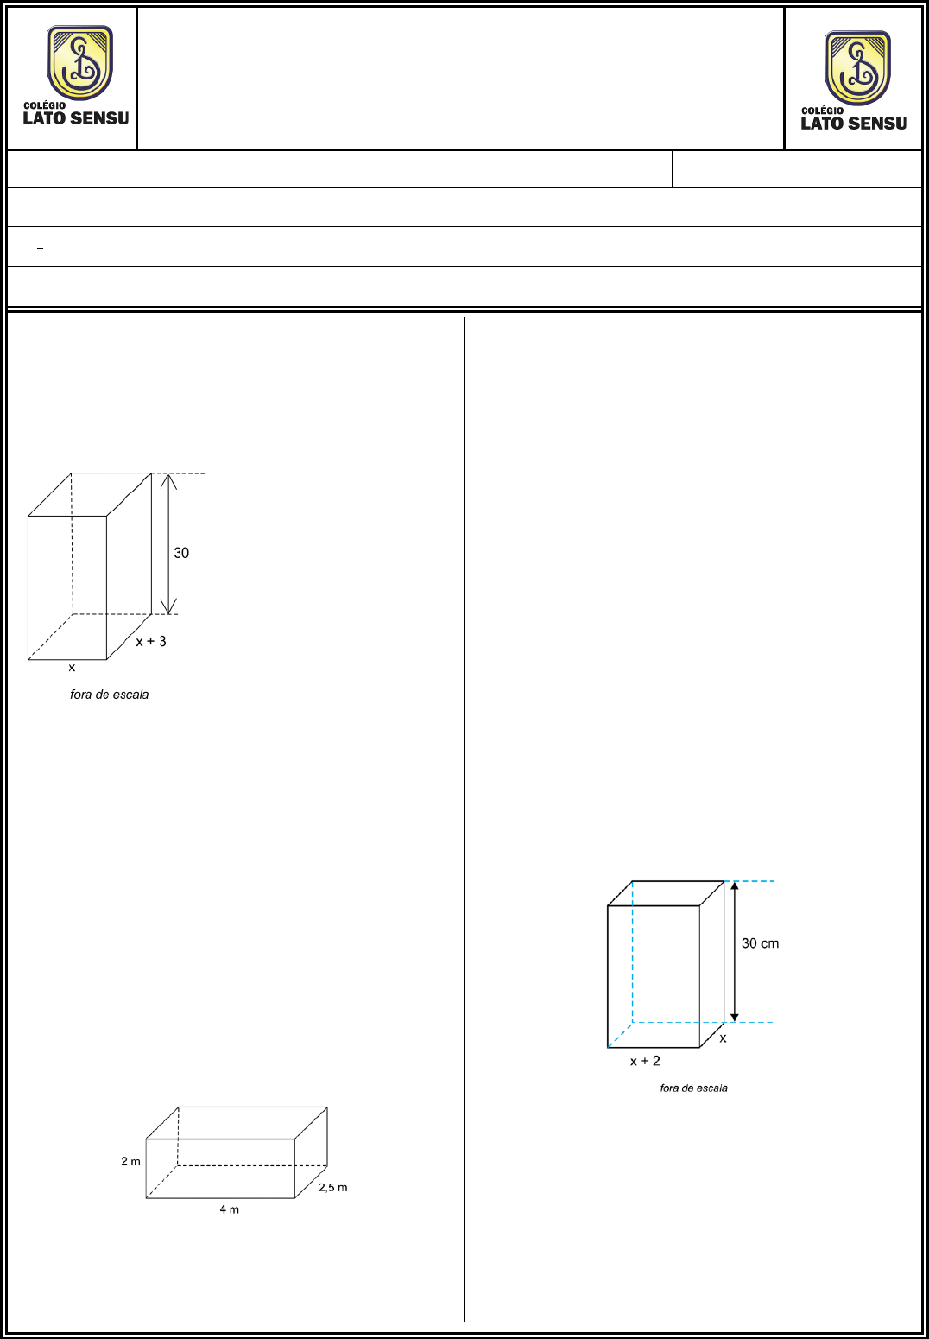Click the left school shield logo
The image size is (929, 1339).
[80, 62]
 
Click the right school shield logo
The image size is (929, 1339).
[858, 67]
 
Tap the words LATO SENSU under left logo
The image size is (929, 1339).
[76, 118]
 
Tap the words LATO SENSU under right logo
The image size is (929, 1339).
[854, 124]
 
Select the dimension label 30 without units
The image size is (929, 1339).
[181, 553]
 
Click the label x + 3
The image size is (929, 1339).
[151, 641]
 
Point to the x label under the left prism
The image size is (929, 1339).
[72, 668]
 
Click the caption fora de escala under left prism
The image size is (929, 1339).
[110, 695]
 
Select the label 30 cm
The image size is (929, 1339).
[760, 943]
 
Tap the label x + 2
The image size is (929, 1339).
[645, 1061]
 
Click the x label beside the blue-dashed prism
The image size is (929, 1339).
[723, 1038]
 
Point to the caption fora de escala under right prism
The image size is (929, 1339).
[693, 1088]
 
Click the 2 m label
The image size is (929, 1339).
[131, 1161]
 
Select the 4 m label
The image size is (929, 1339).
[230, 1209]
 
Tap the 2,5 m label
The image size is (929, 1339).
[332, 1187]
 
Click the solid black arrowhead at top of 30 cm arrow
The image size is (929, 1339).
[735, 885]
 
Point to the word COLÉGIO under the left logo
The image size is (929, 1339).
[45, 105]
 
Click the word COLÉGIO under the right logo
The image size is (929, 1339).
[823, 111]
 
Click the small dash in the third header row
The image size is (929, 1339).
[40, 247]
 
